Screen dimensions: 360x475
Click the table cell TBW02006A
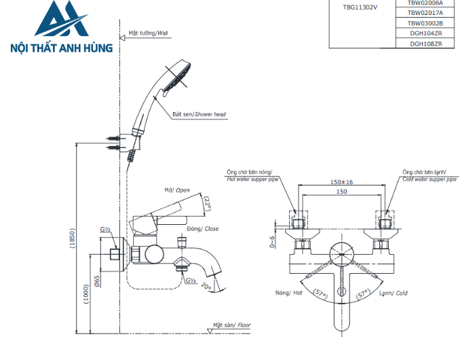point(425,3)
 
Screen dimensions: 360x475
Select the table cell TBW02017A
point(425,12)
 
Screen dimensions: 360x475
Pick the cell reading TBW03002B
point(425,22)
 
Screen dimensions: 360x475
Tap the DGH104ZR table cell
point(425,33)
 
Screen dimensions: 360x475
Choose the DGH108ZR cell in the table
point(425,43)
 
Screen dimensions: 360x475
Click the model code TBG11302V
point(360,8)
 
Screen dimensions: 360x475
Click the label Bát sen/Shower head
point(199,115)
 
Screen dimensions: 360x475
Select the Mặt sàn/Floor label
point(231,325)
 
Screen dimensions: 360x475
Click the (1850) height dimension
point(73,238)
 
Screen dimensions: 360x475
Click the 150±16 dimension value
point(341,182)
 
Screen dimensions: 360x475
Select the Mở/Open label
point(177,190)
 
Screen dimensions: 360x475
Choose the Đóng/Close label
point(204,229)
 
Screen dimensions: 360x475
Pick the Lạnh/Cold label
point(394,293)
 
